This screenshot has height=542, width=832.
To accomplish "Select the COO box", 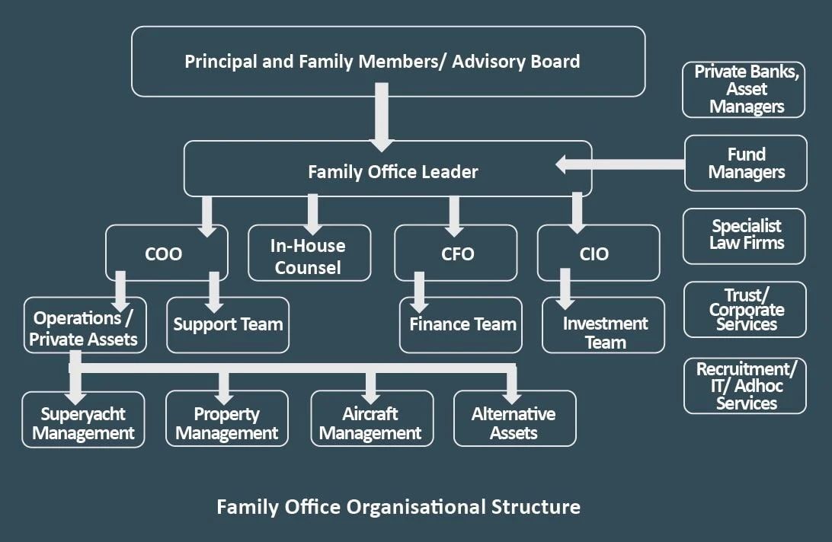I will click(x=165, y=253).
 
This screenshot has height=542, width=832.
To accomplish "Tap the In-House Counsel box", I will click(x=309, y=256).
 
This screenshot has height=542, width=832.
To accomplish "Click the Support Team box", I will click(x=228, y=325).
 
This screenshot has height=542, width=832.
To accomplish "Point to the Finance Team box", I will click(x=462, y=325).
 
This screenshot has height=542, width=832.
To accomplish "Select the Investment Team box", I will click(x=604, y=332).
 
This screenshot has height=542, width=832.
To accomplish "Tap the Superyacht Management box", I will click(x=84, y=423).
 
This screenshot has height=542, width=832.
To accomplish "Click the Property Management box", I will click(x=227, y=423).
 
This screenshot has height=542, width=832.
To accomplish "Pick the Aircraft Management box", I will click(x=371, y=423).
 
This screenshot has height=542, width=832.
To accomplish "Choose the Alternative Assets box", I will click(x=514, y=423).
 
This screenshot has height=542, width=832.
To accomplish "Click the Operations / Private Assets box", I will click(x=84, y=328).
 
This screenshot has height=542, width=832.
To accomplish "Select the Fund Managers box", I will click(x=745, y=163).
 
